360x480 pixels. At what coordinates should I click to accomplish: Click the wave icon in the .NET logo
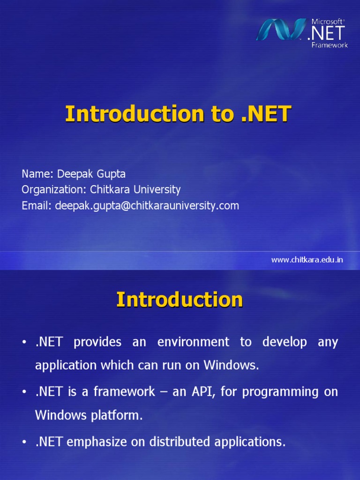[x=280, y=30]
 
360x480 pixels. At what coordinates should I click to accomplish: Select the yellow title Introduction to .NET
[x=178, y=114]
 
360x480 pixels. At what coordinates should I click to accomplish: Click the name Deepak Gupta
[x=91, y=174]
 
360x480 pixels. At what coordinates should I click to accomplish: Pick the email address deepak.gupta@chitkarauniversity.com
[x=147, y=205]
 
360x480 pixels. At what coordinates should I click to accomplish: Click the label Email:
[x=37, y=205]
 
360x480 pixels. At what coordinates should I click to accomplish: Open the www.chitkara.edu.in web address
[x=307, y=260]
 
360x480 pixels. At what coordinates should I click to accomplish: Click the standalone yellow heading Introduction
[x=180, y=300]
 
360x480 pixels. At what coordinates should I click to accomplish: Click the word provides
[x=97, y=342]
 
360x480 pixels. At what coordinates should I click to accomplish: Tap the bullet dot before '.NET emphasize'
[x=24, y=442]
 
